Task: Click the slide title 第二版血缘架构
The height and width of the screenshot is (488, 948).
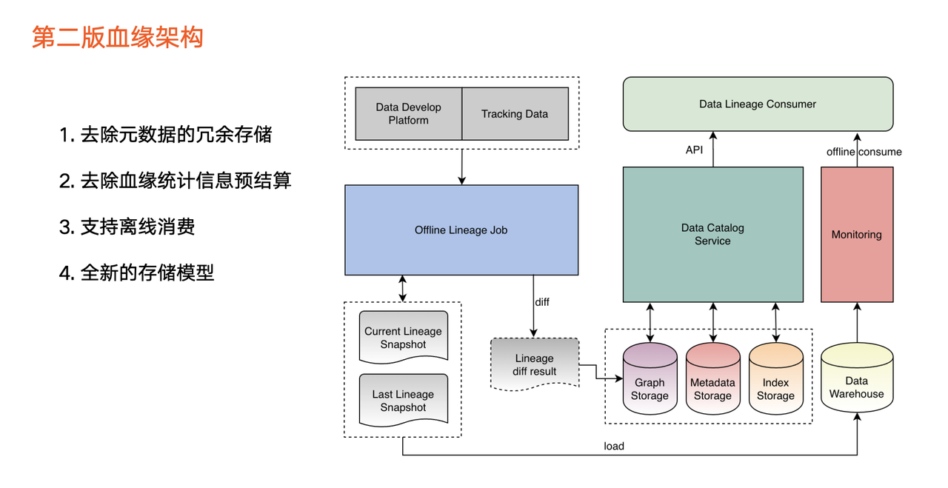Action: click(x=117, y=37)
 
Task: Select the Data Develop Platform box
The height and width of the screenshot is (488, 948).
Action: click(x=408, y=113)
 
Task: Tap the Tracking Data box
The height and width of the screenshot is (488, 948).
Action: click(x=515, y=113)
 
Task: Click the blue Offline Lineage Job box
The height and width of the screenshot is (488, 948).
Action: click(x=461, y=230)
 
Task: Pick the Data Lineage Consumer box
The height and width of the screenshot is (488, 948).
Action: click(x=757, y=104)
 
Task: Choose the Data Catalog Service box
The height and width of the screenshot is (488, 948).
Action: click(x=712, y=234)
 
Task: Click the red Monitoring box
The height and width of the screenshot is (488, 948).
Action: click(x=856, y=234)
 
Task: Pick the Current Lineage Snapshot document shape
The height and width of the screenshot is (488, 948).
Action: click(x=403, y=338)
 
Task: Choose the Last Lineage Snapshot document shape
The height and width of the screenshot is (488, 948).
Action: click(x=403, y=401)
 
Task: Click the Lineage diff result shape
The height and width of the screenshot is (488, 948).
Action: click(x=534, y=364)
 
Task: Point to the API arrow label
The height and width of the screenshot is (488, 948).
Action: click(x=694, y=150)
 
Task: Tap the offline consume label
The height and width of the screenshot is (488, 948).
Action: click(x=864, y=152)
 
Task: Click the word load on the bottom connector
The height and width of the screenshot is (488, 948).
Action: click(x=614, y=446)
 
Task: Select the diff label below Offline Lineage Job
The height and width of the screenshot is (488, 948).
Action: click(x=542, y=302)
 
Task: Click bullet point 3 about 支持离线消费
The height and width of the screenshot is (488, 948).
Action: click(x=127, y=227)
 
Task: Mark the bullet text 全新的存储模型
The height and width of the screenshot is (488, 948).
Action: click(x=147, y=273)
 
